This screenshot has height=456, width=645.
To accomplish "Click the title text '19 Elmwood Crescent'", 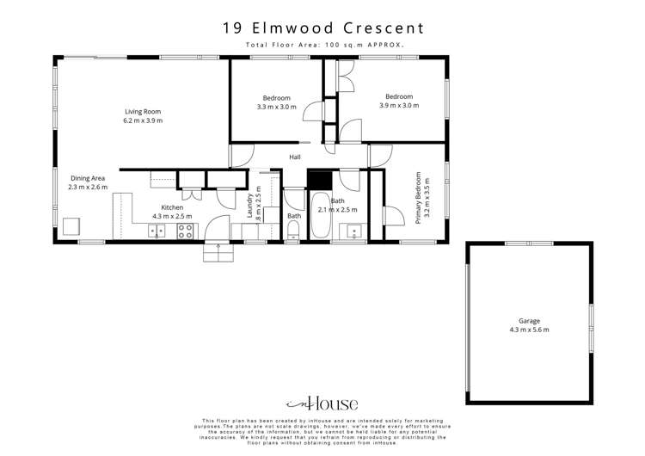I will click(322, 28).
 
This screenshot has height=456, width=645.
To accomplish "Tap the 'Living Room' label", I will click(143, 112).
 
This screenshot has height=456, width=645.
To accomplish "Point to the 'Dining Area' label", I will click(87, 177).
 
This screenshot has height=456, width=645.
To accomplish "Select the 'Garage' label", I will click(529, 321).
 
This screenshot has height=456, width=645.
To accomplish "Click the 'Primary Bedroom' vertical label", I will click(420, 199).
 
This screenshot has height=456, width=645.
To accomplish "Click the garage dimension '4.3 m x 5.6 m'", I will click(529, 330).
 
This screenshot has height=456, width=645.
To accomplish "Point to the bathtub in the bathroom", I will click(320, 217).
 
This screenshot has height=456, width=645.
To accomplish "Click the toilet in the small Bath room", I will click(294, 230).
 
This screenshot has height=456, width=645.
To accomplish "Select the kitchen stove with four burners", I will click(185, 231).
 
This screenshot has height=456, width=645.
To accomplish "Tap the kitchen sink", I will click(157, 231).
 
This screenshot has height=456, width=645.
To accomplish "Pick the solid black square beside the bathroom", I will click(320, 180).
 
